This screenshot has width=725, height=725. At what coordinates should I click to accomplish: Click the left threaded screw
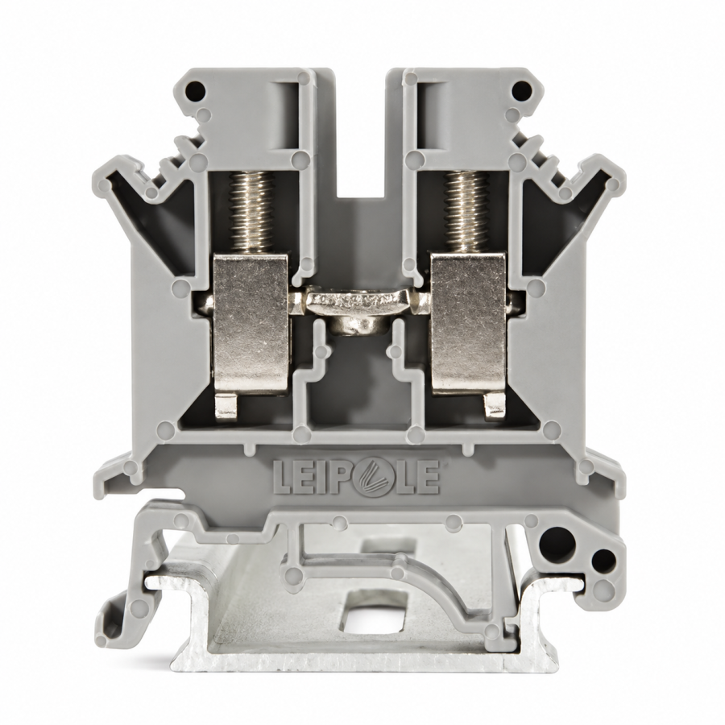click(x=251, y=212)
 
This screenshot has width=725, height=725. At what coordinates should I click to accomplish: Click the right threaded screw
click(x=467, y=212)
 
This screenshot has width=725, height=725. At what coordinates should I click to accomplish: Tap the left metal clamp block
click(x=251, y=324)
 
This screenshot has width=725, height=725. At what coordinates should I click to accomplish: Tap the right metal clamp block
click(x=468, y=324)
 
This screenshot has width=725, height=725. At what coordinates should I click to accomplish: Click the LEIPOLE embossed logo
click(x=356, y=477)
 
